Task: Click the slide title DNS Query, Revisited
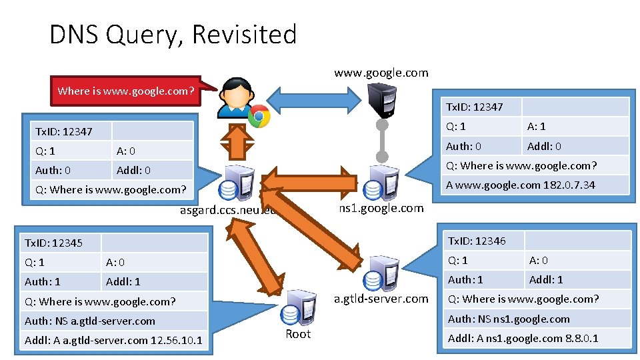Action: pos(173,34)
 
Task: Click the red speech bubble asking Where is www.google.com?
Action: pos(126,91)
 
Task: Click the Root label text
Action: pos(298,334)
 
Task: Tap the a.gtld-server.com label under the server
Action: pos(381,299)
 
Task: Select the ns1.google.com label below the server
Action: pos(381,208)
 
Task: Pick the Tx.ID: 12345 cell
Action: pos(60,243)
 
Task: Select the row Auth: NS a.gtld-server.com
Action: pos(113,321)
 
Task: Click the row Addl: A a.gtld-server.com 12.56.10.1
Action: pos(113,341)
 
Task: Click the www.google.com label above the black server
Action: pos(381,73)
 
